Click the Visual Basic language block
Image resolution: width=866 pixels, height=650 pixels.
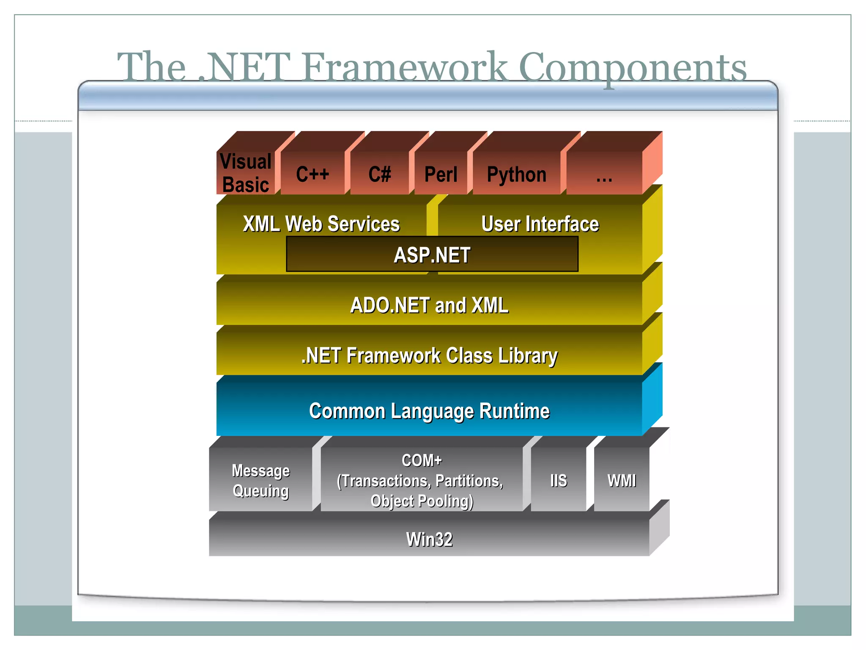pos(246,173)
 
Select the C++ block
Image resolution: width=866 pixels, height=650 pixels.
pos(312,174)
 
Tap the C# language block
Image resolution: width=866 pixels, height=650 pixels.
pos(379,174)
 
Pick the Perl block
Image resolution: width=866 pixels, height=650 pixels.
pos(441,174)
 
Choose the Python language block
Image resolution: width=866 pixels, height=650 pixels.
pos(516,174)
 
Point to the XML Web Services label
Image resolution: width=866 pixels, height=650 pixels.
pos(321,223)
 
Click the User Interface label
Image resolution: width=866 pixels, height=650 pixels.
pos(540,223)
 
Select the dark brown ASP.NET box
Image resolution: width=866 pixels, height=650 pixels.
pos(432,254)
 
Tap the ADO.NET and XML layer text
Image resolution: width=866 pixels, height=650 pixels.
pos(429,305)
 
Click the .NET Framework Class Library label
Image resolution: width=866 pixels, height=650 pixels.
pos(429,355)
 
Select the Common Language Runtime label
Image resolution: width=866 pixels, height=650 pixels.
pos(429,410)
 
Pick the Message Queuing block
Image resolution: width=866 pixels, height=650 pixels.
pos(260,480)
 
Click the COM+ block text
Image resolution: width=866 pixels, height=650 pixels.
pos(421,460)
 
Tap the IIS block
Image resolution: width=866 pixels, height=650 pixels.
pos(558,480)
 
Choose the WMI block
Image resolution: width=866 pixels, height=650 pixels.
pos(621,480)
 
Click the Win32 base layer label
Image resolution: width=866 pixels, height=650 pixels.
pos(429,539)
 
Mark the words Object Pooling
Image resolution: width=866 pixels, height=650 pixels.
pos(422,501)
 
